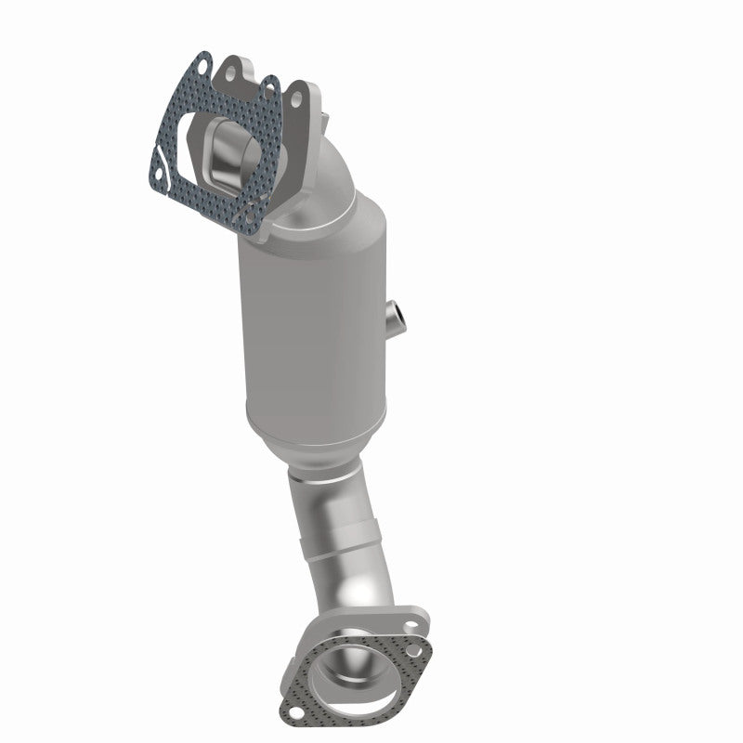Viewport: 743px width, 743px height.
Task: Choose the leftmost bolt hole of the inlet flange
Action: point(230,67)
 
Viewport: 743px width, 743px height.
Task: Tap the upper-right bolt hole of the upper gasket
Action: point(271,88)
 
